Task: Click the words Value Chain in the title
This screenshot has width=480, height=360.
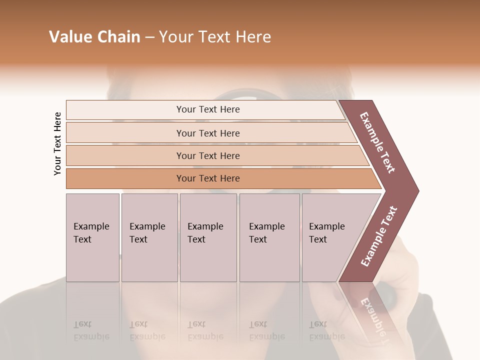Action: (94, 37)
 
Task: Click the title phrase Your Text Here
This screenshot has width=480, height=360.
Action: (215, 37)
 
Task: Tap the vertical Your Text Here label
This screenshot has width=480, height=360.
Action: (57, 143)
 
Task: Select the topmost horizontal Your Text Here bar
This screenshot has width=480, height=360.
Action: (207, 109)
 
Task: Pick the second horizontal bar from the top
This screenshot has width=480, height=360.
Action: (207, 133)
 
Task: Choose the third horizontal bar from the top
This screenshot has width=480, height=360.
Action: (207, 155)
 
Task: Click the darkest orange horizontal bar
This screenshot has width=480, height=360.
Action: (207, 178)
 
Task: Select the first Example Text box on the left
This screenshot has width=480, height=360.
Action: (92, 237)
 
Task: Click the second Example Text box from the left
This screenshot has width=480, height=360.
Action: (149, 237)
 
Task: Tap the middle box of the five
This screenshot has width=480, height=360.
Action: (208, 237)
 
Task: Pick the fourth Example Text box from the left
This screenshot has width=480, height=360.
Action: (269, 237)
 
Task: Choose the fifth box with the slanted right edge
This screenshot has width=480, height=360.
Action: (332, 237)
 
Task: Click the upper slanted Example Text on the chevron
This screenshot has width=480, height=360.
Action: (377, 142)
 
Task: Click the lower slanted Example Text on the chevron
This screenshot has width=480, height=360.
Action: (378, 236)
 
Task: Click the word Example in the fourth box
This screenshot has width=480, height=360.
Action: (266, 226)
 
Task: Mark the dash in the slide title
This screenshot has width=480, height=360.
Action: (149, 37)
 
